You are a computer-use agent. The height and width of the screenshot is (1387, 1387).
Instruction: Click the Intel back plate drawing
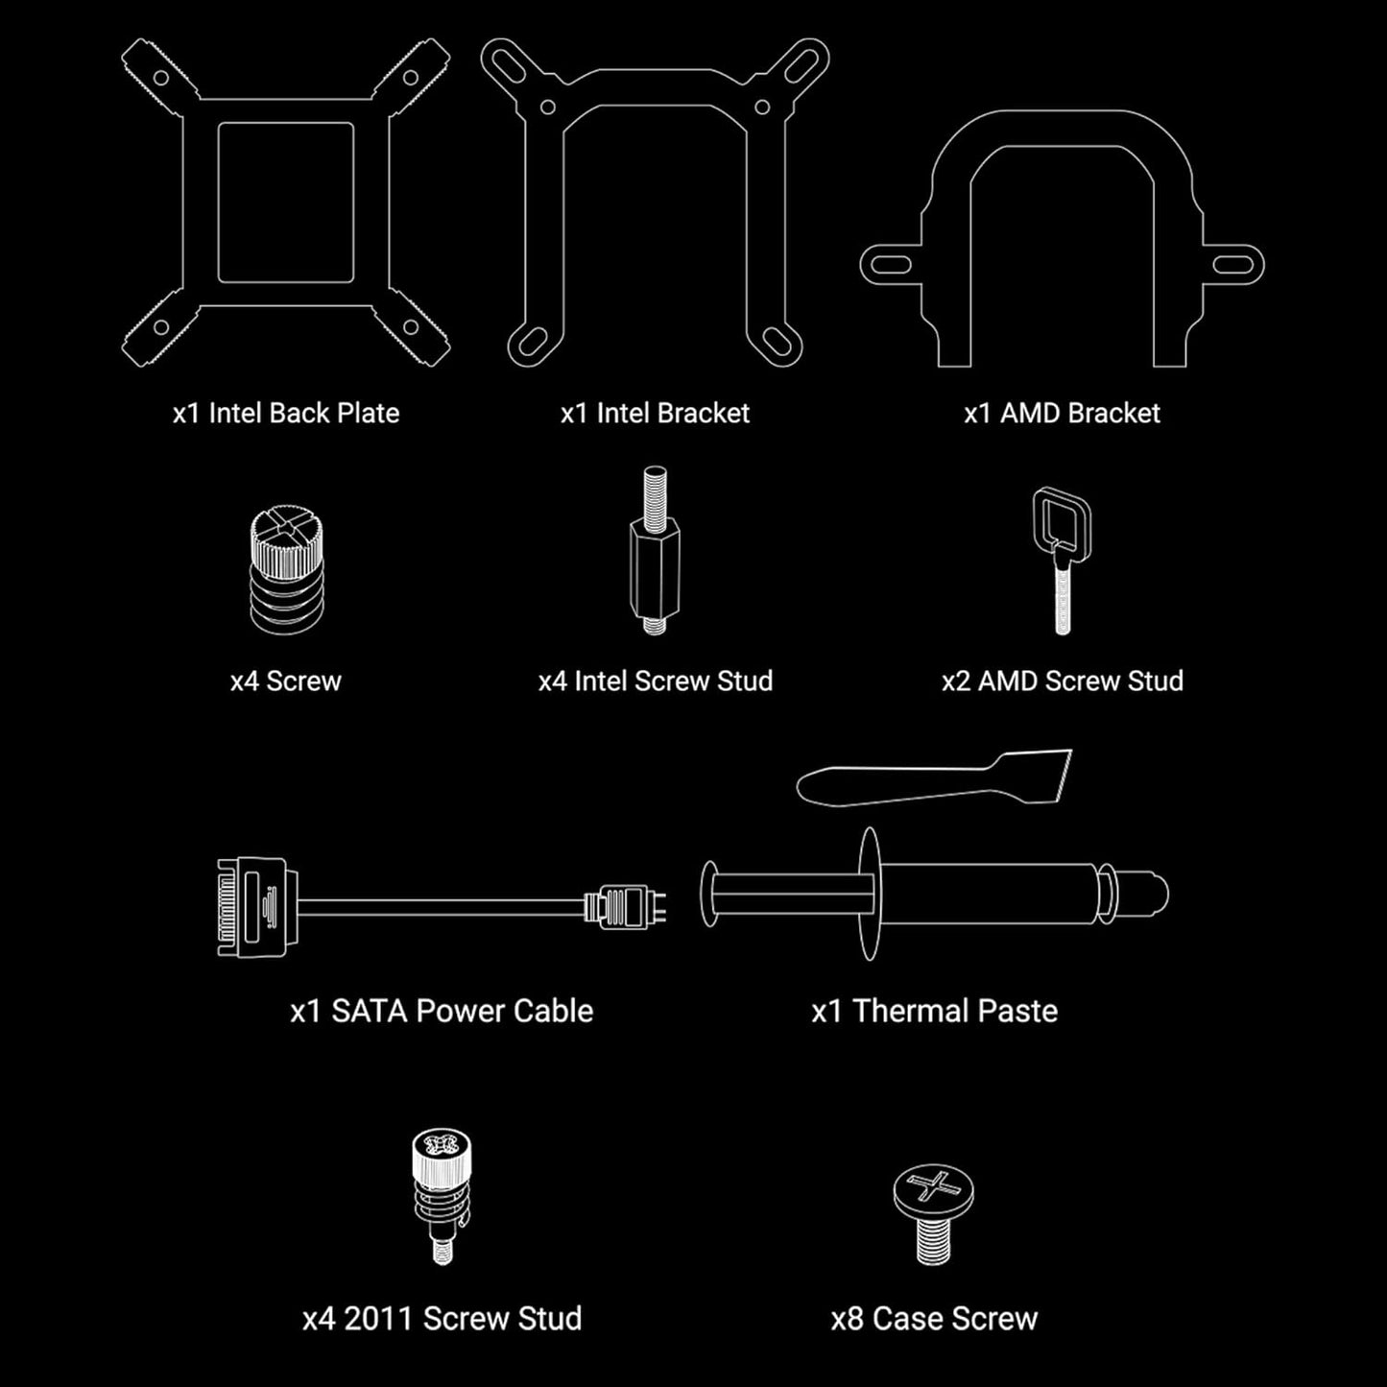[x=286, y=101]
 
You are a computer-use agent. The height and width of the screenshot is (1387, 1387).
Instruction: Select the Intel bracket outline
[x=655, y=91]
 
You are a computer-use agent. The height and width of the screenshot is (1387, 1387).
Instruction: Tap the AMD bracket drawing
[x=1062, y=144]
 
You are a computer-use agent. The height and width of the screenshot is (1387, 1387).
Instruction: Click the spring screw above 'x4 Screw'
[x=286, y=570]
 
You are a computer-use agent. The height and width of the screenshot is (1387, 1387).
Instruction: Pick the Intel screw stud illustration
[x=656, y=557]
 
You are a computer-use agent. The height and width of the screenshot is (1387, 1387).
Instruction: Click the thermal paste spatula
[x=934, y=777]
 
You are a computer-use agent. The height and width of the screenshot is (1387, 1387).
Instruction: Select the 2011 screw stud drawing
[x=442, y=1195]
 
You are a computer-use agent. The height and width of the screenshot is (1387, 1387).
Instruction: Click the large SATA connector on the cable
[x=252, y=907]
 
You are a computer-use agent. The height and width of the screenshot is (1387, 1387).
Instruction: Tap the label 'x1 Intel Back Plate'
[x=286, y=414]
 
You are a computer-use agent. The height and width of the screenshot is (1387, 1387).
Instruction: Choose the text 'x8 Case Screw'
[x=934, y=1319]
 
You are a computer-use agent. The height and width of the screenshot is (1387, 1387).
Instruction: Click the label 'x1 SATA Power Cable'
[x=442, y=1012]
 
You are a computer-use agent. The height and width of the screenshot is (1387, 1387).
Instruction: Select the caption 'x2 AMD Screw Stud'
[x=1062, y=682]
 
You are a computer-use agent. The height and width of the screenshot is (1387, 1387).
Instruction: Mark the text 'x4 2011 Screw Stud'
[x=442, y=1319]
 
